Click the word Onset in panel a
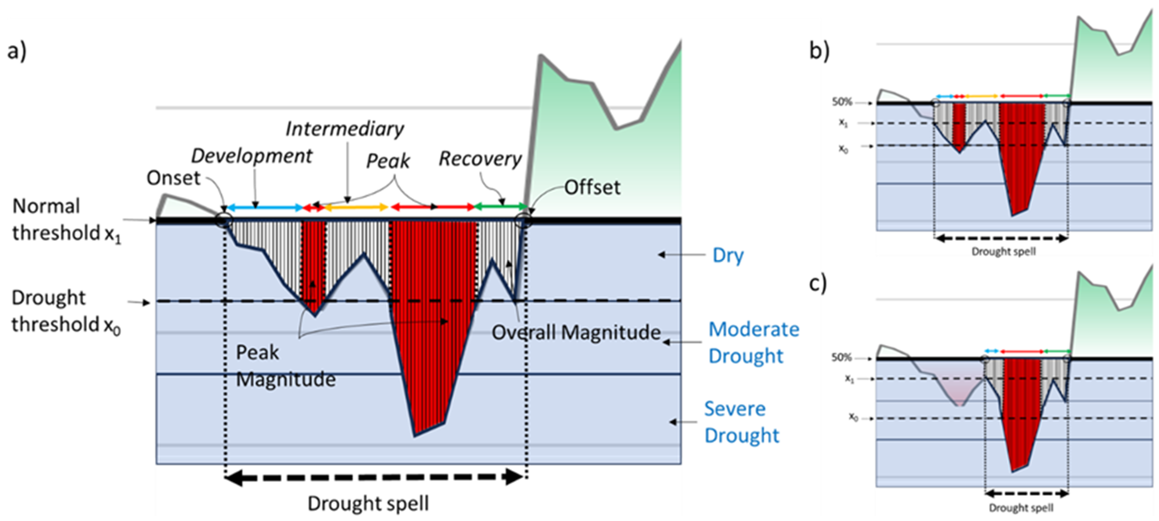173,178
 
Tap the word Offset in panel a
592,187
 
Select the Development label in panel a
252,156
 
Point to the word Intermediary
345,129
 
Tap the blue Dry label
728,255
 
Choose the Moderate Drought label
754,343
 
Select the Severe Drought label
741,422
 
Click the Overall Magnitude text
576,333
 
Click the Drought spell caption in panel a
368,503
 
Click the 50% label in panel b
842,102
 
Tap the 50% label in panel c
841,357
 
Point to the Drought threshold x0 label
66,311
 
